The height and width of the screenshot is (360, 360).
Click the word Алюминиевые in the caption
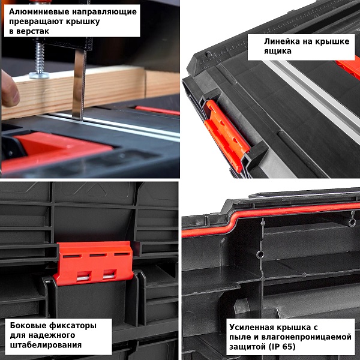39,12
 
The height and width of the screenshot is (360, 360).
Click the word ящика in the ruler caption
277,51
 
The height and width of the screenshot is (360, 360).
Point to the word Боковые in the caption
28,325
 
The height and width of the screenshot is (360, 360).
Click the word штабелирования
46,345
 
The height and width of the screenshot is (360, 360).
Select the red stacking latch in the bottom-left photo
94,263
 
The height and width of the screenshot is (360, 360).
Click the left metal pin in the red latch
83,278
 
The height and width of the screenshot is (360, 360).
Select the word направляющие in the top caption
104,12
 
